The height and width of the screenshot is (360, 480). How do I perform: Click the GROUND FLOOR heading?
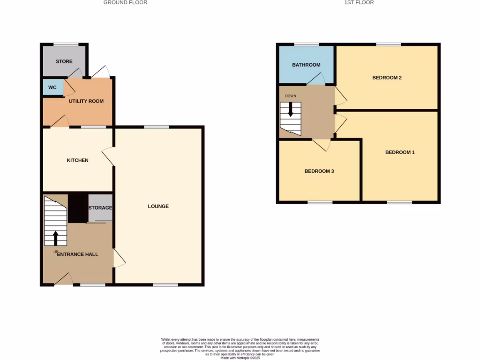[125, 3]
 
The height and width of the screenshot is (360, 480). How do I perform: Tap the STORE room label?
[64, 61]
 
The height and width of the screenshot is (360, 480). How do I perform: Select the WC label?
[52, 88]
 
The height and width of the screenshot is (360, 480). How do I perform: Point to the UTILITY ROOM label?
[86, 101]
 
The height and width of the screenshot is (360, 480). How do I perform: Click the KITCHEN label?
[77, 160]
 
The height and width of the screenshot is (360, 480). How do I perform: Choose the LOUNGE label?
[158, 206]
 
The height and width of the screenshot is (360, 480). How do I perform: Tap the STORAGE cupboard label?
[100, 208]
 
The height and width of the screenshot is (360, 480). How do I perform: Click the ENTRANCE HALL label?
[78, 254]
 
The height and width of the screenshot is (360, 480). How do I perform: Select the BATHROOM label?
[306, 65]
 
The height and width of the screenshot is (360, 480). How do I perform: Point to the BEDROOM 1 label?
[400, 152]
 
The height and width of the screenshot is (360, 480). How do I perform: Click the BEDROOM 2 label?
[387, 78]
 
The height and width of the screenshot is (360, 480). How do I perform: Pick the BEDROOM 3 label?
[319, 171]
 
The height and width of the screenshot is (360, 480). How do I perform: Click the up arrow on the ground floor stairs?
[56, 238]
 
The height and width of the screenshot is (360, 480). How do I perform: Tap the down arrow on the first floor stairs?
[291, 110]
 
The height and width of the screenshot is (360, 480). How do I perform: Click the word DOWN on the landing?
[291, 96]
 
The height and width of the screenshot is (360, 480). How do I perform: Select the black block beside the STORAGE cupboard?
[78, 208]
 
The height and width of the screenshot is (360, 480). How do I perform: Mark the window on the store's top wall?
[66, 45]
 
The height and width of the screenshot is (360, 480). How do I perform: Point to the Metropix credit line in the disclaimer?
[240, 358]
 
